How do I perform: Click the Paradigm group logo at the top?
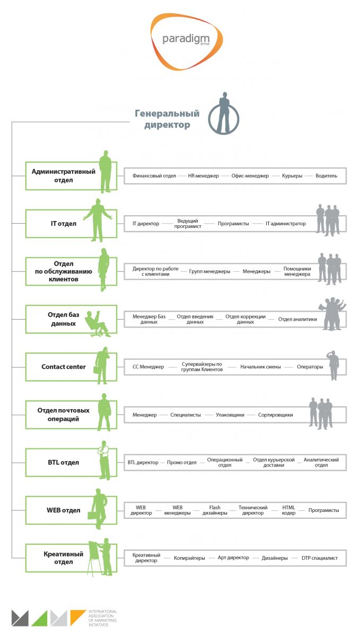coord(186,41)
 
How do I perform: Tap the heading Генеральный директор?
coord(166,119)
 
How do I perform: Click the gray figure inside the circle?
coord(224,114)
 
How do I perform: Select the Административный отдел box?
coord(63,175)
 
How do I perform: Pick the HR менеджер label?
coord(203,175)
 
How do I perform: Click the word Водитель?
coord(326,175)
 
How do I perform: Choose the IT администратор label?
coord(286,224)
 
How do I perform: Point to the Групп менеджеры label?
coord(209,271)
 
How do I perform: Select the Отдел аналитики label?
coord(297,319)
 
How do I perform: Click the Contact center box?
coord(63,367)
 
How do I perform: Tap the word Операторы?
coord(310,367)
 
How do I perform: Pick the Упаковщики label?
coord(230,415)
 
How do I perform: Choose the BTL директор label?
coord(143,462)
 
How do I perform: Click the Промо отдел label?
coord(181,462)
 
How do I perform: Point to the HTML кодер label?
coord(289,510)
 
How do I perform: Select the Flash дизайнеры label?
coord(215,510)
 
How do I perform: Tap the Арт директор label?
coord(233,558)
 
